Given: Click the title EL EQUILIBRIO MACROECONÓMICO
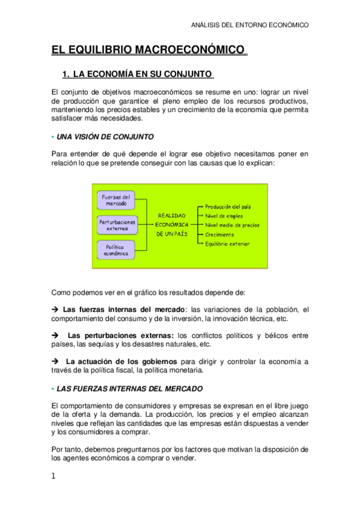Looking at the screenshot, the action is click(148, 49).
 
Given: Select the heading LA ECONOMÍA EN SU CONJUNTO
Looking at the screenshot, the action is click(142, 75).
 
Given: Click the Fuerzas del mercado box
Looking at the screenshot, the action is click(117, 201).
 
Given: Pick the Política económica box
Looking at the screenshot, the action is click(117, 250).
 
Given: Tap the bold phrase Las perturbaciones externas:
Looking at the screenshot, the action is click(121, 335).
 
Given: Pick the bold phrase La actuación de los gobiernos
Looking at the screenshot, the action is click(121, 361).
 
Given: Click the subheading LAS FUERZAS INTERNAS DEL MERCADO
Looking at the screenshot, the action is click(129, 389).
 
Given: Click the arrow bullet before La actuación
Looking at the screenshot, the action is click(55, 361).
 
